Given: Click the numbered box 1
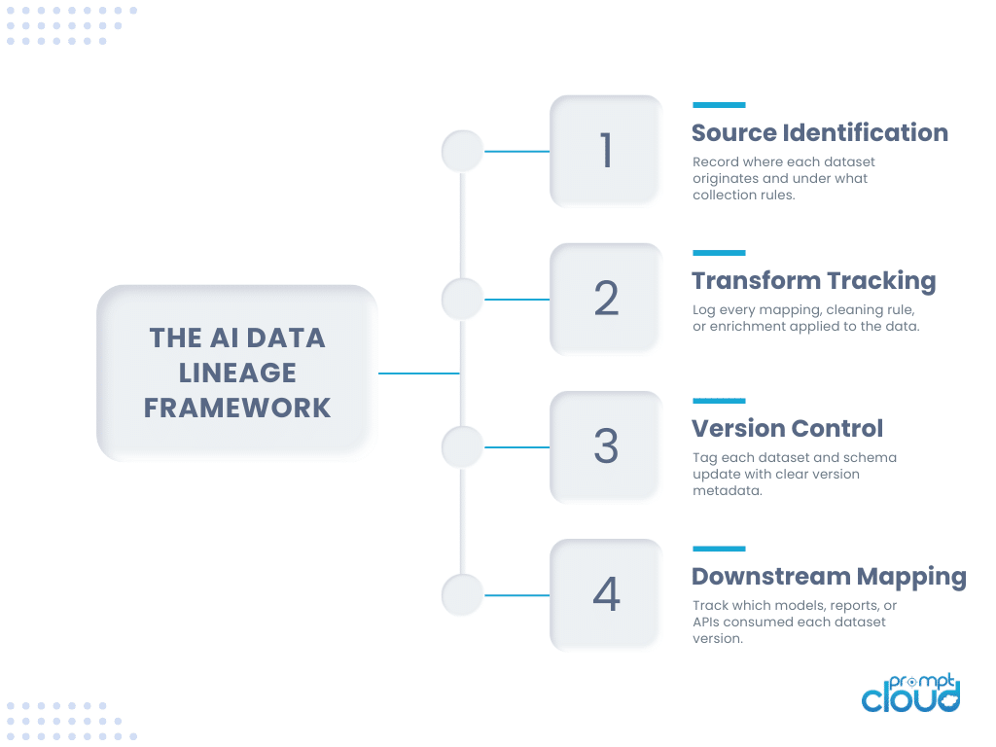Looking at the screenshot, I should click(606, 151).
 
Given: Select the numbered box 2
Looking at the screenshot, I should click(606, 299).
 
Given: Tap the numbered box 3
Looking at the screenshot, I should click(606, 446).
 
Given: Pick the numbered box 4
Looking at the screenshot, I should click(606, 594).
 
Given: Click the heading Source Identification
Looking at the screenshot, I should click(819, 132).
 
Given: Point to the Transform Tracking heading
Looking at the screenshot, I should click(813, 281).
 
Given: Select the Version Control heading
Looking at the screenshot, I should click(787, 428).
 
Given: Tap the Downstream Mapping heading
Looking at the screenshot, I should click(829, 576).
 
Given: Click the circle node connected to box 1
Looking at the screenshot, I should click(462, 151).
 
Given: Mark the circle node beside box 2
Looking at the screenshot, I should click(462, 299).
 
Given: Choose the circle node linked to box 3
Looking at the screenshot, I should click(462, 446).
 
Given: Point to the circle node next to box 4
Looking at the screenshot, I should click(462, 594).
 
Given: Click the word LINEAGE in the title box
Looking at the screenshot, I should click(237, 373).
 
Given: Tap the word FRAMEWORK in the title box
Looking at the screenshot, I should click(237, 407).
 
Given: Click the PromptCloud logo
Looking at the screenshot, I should click(910, 692).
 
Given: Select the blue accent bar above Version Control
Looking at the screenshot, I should click(719, 401).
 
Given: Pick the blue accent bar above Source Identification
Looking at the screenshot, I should click(719, 105).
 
